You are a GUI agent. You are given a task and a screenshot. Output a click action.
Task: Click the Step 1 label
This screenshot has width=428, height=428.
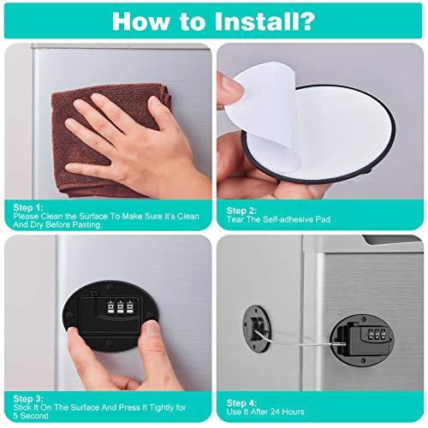(28, 207)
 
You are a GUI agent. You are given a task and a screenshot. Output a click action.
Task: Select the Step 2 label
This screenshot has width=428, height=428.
(241, 211)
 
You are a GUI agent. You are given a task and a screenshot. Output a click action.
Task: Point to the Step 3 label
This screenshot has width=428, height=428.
(28, 399)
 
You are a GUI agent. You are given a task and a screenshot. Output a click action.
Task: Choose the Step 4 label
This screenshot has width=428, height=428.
(241, 403)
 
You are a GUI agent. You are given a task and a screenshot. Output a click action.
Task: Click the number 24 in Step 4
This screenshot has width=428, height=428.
(276, 412)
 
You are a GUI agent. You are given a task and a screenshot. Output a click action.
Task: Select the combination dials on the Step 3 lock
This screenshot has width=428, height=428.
(120, 307)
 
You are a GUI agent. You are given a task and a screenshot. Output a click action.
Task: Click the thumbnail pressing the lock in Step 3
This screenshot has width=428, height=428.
(152, 327)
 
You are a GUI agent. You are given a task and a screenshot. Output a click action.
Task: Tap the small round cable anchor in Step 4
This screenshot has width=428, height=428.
(256, 329)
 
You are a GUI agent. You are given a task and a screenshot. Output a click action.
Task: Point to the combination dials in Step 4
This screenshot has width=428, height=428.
(376, 334)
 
